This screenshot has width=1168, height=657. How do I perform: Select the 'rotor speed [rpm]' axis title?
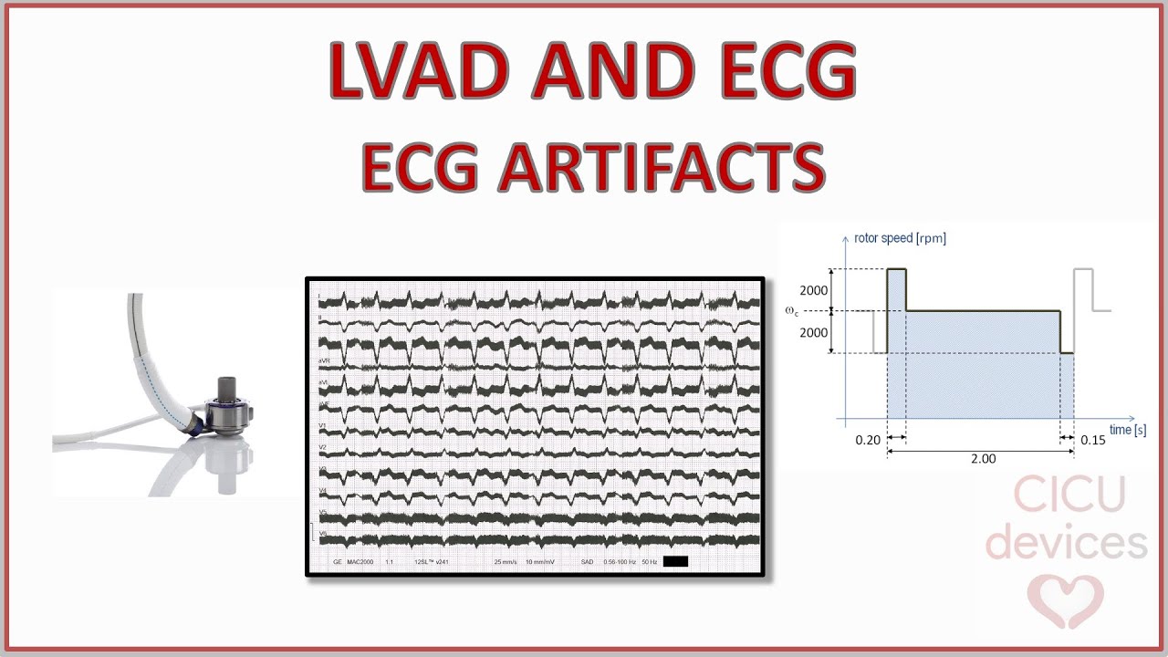pos(900,239)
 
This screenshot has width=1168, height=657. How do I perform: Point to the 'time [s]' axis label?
pos(1128,430)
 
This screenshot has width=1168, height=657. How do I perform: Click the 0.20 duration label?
pos(868,441)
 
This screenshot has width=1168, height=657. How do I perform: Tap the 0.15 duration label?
pos(1092,441)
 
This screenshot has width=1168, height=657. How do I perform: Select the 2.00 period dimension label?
pos(983,458)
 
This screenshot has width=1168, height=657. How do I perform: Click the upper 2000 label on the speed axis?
pos(813,291)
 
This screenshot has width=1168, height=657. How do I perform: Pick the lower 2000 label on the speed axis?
pos(813,332)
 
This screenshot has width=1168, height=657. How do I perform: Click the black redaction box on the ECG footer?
pos(675,561)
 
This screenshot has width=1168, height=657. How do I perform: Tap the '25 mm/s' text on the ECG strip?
pos(505,562)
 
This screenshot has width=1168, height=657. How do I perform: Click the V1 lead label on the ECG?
pos(322,425)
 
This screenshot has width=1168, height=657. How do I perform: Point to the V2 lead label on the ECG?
pos(322,447)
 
